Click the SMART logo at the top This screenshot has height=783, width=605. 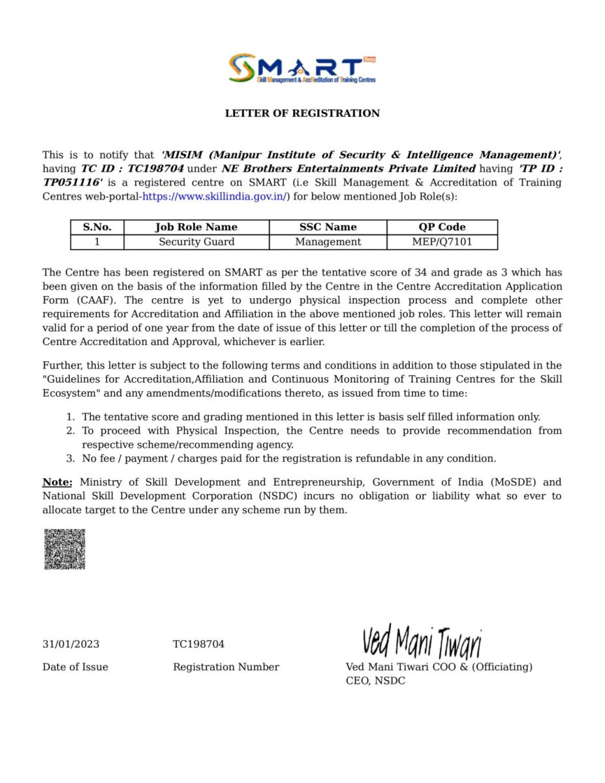click(302, 69)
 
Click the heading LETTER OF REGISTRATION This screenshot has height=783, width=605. click(302, 114)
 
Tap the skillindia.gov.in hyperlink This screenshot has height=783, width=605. click(214, 196)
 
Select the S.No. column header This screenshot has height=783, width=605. click(97, 227)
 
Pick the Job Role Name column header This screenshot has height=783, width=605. click(196, 227)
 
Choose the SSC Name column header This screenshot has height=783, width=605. click(328, 227)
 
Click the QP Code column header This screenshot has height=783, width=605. click(442, 227)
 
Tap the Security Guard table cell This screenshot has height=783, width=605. click(196, 242)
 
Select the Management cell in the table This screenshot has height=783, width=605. click(328, 242)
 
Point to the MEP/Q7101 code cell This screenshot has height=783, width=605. click(442, 242)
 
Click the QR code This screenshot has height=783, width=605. click(65, 549)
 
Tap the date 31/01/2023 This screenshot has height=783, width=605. click(70, 645)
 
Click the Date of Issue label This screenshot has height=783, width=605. click(75, 667)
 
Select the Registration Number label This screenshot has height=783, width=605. click(226, 667)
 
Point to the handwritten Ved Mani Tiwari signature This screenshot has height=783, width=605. click(422, 642)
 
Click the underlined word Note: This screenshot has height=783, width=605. click(57, 482)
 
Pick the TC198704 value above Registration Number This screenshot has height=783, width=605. click(198, 645)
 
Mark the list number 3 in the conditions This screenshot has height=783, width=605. click(70, 459)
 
